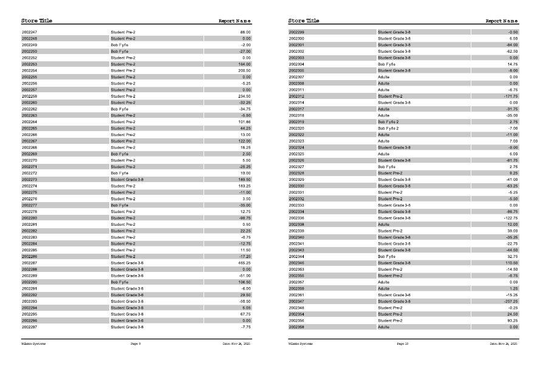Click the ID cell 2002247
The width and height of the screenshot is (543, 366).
[x=29, y=32]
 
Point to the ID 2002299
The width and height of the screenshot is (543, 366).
[x=296, y=32]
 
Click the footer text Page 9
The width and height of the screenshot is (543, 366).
[x=135, y=344]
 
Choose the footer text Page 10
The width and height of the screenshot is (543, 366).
[x=403, y=344]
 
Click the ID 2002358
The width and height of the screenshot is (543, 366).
[x=296, y=327]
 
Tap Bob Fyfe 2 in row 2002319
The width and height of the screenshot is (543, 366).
[x=389, y=121]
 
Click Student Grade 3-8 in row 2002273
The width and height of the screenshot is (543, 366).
[x=127, y=180]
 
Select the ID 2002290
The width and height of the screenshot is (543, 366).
[x=29, y=282]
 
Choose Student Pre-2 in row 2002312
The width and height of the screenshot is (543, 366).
[x=389, y=96]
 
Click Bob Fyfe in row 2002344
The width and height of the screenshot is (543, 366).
[x=386, y=257]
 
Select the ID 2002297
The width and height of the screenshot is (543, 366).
[x=29, y=327]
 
